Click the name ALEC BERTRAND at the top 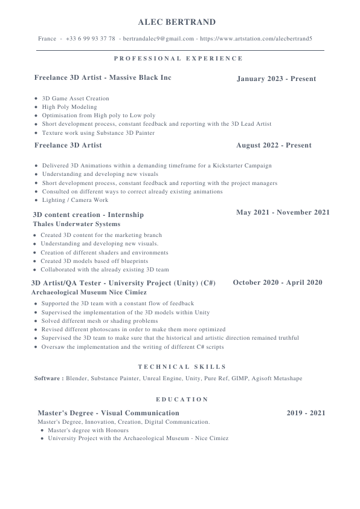176,22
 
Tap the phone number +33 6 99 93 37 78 91,39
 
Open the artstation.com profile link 256,39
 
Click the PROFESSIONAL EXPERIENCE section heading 178,59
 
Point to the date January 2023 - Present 276,79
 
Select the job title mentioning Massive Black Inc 103,78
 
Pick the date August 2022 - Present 274,145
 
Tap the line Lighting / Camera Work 75,200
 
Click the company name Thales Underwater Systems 76,224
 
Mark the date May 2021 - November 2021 283,212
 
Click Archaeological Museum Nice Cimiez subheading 88,292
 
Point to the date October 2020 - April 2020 277,282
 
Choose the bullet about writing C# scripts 132,347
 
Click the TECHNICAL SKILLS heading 182,366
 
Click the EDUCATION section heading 182,400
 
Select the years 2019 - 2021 306,413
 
